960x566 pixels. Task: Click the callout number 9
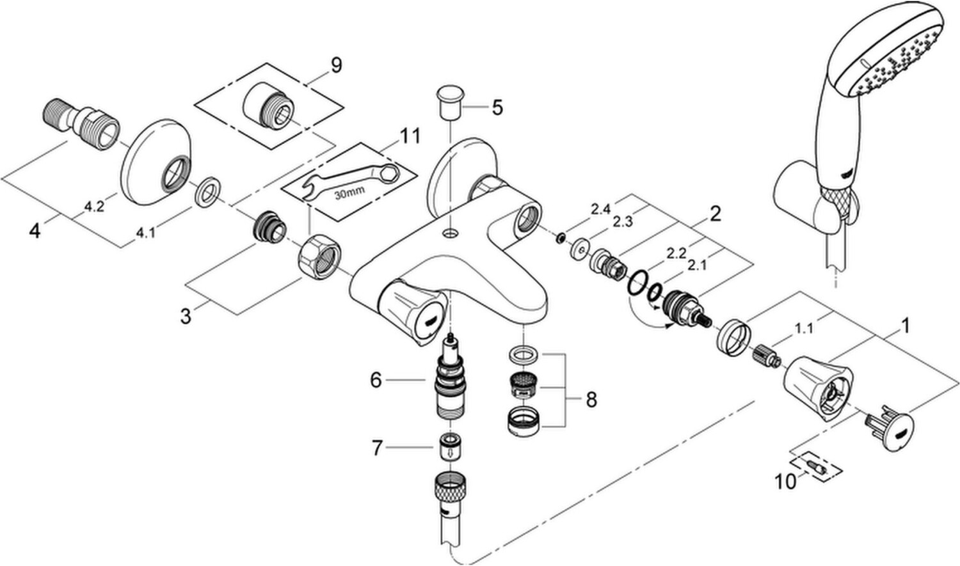point(336,65)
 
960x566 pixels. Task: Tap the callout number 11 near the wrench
point(410,136)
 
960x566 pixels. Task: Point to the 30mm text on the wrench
point(349,192)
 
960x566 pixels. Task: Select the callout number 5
point(497,107)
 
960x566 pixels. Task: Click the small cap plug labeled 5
point(449,104)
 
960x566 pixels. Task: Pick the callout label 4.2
point(94,207)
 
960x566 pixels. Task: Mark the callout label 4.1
point(145,233)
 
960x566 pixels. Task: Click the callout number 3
point(186,317)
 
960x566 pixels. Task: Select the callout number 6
point(376,380)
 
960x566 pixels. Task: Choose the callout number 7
point(377,448)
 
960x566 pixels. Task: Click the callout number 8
point(591,400)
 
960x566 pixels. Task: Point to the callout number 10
point(785,482)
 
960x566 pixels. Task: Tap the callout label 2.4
point(601,209)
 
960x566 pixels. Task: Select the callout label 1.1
point(804,329)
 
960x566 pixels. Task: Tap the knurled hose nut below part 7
point(450,492)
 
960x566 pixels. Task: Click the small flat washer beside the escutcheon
point(208,191)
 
